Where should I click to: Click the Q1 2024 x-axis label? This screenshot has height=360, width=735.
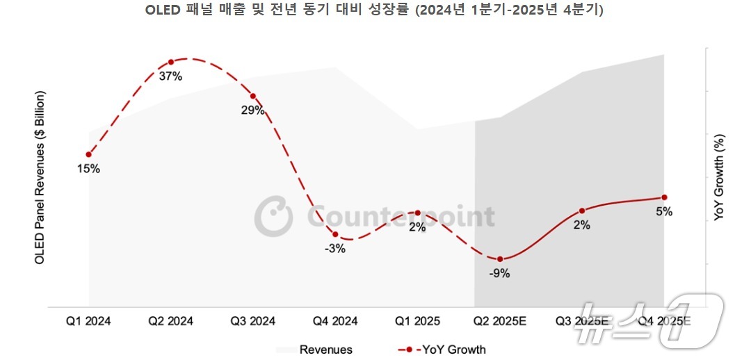(88, 321)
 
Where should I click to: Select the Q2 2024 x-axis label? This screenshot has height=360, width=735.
(171, 321)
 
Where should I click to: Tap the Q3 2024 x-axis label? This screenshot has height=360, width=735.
(253, 321)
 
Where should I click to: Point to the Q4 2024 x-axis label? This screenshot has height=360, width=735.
(335, 321)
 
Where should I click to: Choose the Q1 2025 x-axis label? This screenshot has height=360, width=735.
(417, 321)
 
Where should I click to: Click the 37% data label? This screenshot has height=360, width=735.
(170, 76)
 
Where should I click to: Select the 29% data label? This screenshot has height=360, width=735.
(252, 111)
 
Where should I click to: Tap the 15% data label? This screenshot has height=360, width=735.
(88, 168)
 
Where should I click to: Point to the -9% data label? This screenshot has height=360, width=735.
(499, 273)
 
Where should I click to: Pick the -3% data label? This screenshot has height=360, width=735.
(334, 249)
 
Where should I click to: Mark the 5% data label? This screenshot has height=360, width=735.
(664, 212)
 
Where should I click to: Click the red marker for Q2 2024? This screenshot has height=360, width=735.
(171, 62)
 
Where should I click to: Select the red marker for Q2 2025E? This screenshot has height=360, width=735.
(500, 259)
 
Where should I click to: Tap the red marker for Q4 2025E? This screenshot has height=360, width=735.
(664, 197)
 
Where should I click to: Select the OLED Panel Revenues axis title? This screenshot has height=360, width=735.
(40, 177)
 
